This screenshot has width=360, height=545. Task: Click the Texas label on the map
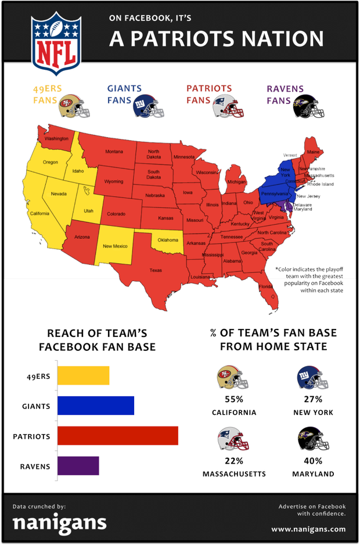point(156,270)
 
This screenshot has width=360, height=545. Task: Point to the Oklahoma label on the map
point(168,239)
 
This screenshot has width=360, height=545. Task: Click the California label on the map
point(40,213)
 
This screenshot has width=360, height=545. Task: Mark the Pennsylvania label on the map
point(274,193)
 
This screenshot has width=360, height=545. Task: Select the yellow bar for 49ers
point(83,376)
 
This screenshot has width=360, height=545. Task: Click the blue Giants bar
point(95,406)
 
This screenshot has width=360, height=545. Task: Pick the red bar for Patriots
point(117,436)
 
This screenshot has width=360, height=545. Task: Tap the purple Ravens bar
point(78,466)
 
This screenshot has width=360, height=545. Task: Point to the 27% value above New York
point(312,399)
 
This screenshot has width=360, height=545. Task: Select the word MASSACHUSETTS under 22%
point(234,474)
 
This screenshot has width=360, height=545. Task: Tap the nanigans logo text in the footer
point(60,523)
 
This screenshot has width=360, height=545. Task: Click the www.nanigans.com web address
point(308,529)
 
